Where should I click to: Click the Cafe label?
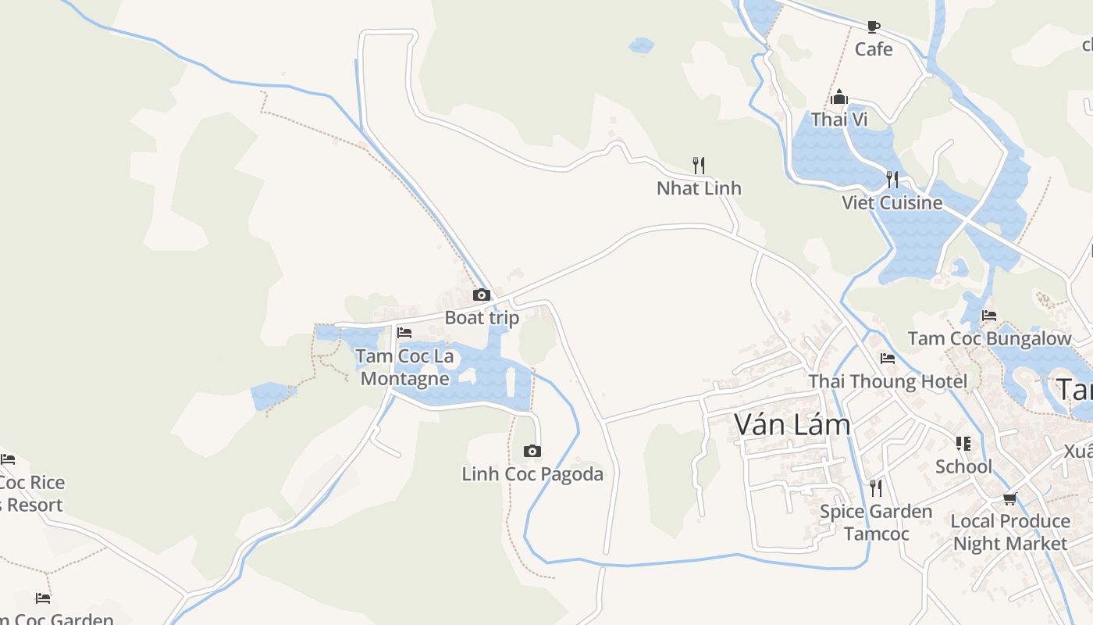click(x=873, y=49)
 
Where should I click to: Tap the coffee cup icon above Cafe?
click(x=873, y=27)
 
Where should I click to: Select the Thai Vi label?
click(x=839, y=120)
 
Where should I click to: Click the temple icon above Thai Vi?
click(x=839, y=98)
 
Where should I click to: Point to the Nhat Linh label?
click(x=699, y=188)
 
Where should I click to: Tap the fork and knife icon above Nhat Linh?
click(x=699, y=165)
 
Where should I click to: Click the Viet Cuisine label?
click(x=892, y=203)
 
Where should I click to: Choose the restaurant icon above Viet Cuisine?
click(x=892, y=180)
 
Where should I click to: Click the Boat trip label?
click(x=482, y=318)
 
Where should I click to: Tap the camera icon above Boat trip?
click(x=482, y=295)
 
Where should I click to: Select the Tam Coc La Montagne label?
click(x=404, y=367)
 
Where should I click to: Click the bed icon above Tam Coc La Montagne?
click(x=404, y=332)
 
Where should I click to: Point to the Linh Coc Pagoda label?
click(x=532, y=474)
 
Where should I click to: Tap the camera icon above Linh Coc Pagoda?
click(x=532, y=451)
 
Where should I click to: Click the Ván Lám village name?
click(x=792, y=425)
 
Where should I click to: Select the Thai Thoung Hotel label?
click(x=888, y=381)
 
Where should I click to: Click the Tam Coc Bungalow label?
click(x=989, y=339)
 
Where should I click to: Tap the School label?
click(x=963, y=466)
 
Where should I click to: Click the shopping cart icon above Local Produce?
click(x=1009, y=498)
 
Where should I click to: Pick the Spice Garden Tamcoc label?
click(x=876, y=523)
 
